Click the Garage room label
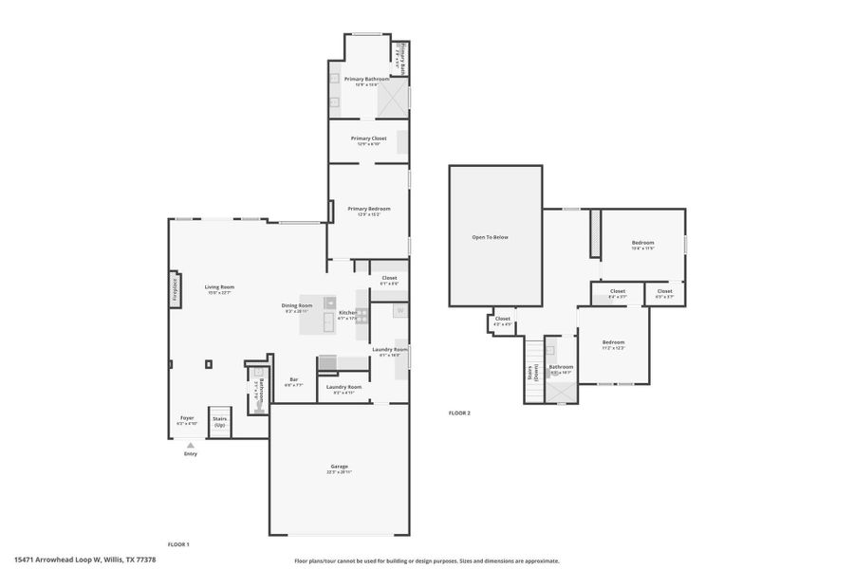click(340, 468)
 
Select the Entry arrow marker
click(191, 445)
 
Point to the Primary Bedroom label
click(368, 210)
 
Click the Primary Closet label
click(368, 139)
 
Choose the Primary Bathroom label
click(366, 80)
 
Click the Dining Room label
click(297, 306)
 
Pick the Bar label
click(293, 381)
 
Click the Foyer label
click(187, 418)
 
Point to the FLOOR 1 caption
click(178, 544)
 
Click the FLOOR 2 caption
click(459, 413)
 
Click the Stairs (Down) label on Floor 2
click(531, 374)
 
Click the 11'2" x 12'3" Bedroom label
click(613, 343)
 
